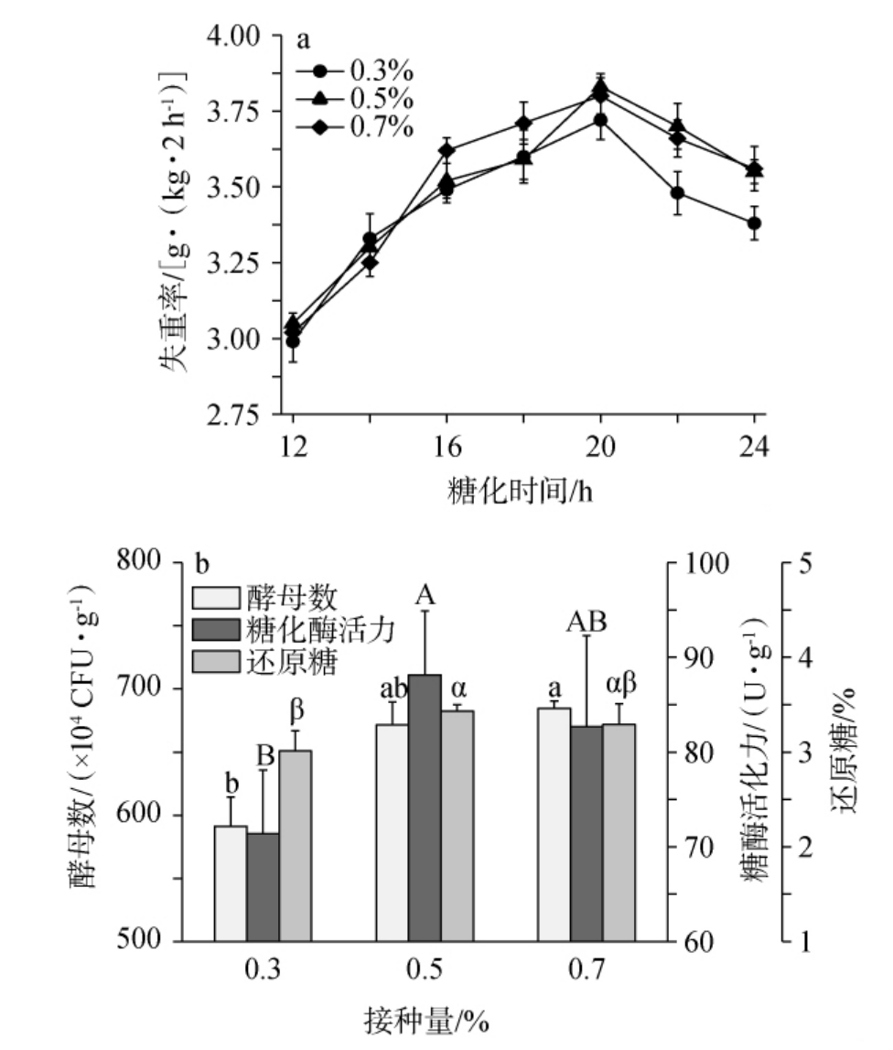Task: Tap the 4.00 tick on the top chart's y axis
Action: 237,36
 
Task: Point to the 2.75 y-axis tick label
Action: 237,416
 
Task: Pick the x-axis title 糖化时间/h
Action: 514,491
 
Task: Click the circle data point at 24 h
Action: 755,222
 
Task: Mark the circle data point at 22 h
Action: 678,193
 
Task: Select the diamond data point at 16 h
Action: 446,150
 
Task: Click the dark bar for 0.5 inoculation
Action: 425,806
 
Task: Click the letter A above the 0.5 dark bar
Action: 424,597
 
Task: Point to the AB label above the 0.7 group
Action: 586,622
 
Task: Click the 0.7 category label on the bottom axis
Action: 586,969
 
